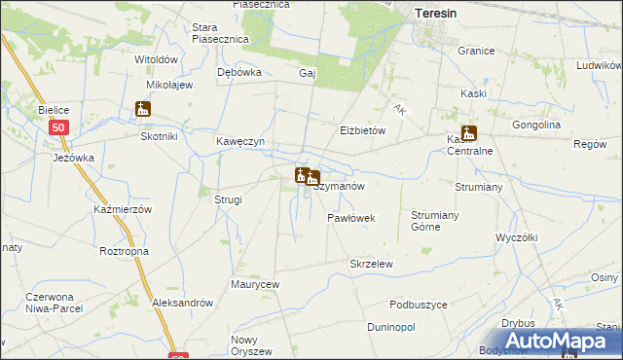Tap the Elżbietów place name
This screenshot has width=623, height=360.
pos(364,130)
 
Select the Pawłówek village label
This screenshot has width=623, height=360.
pos(351,218)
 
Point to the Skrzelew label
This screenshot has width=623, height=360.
pos(371,264)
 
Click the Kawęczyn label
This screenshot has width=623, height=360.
pos(240,141)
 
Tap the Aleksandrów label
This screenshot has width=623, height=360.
pos(182,303)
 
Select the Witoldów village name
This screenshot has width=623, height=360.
pos(156,59)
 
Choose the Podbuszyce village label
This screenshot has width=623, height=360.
pos(419,305)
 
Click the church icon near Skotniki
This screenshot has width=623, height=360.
pos(143,109)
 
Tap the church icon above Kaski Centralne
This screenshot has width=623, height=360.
pos(468,134)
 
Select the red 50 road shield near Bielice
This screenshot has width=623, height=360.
pos(59,127)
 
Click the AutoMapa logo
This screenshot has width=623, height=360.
pos(553,341)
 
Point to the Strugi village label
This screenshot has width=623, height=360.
pos(228,199)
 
